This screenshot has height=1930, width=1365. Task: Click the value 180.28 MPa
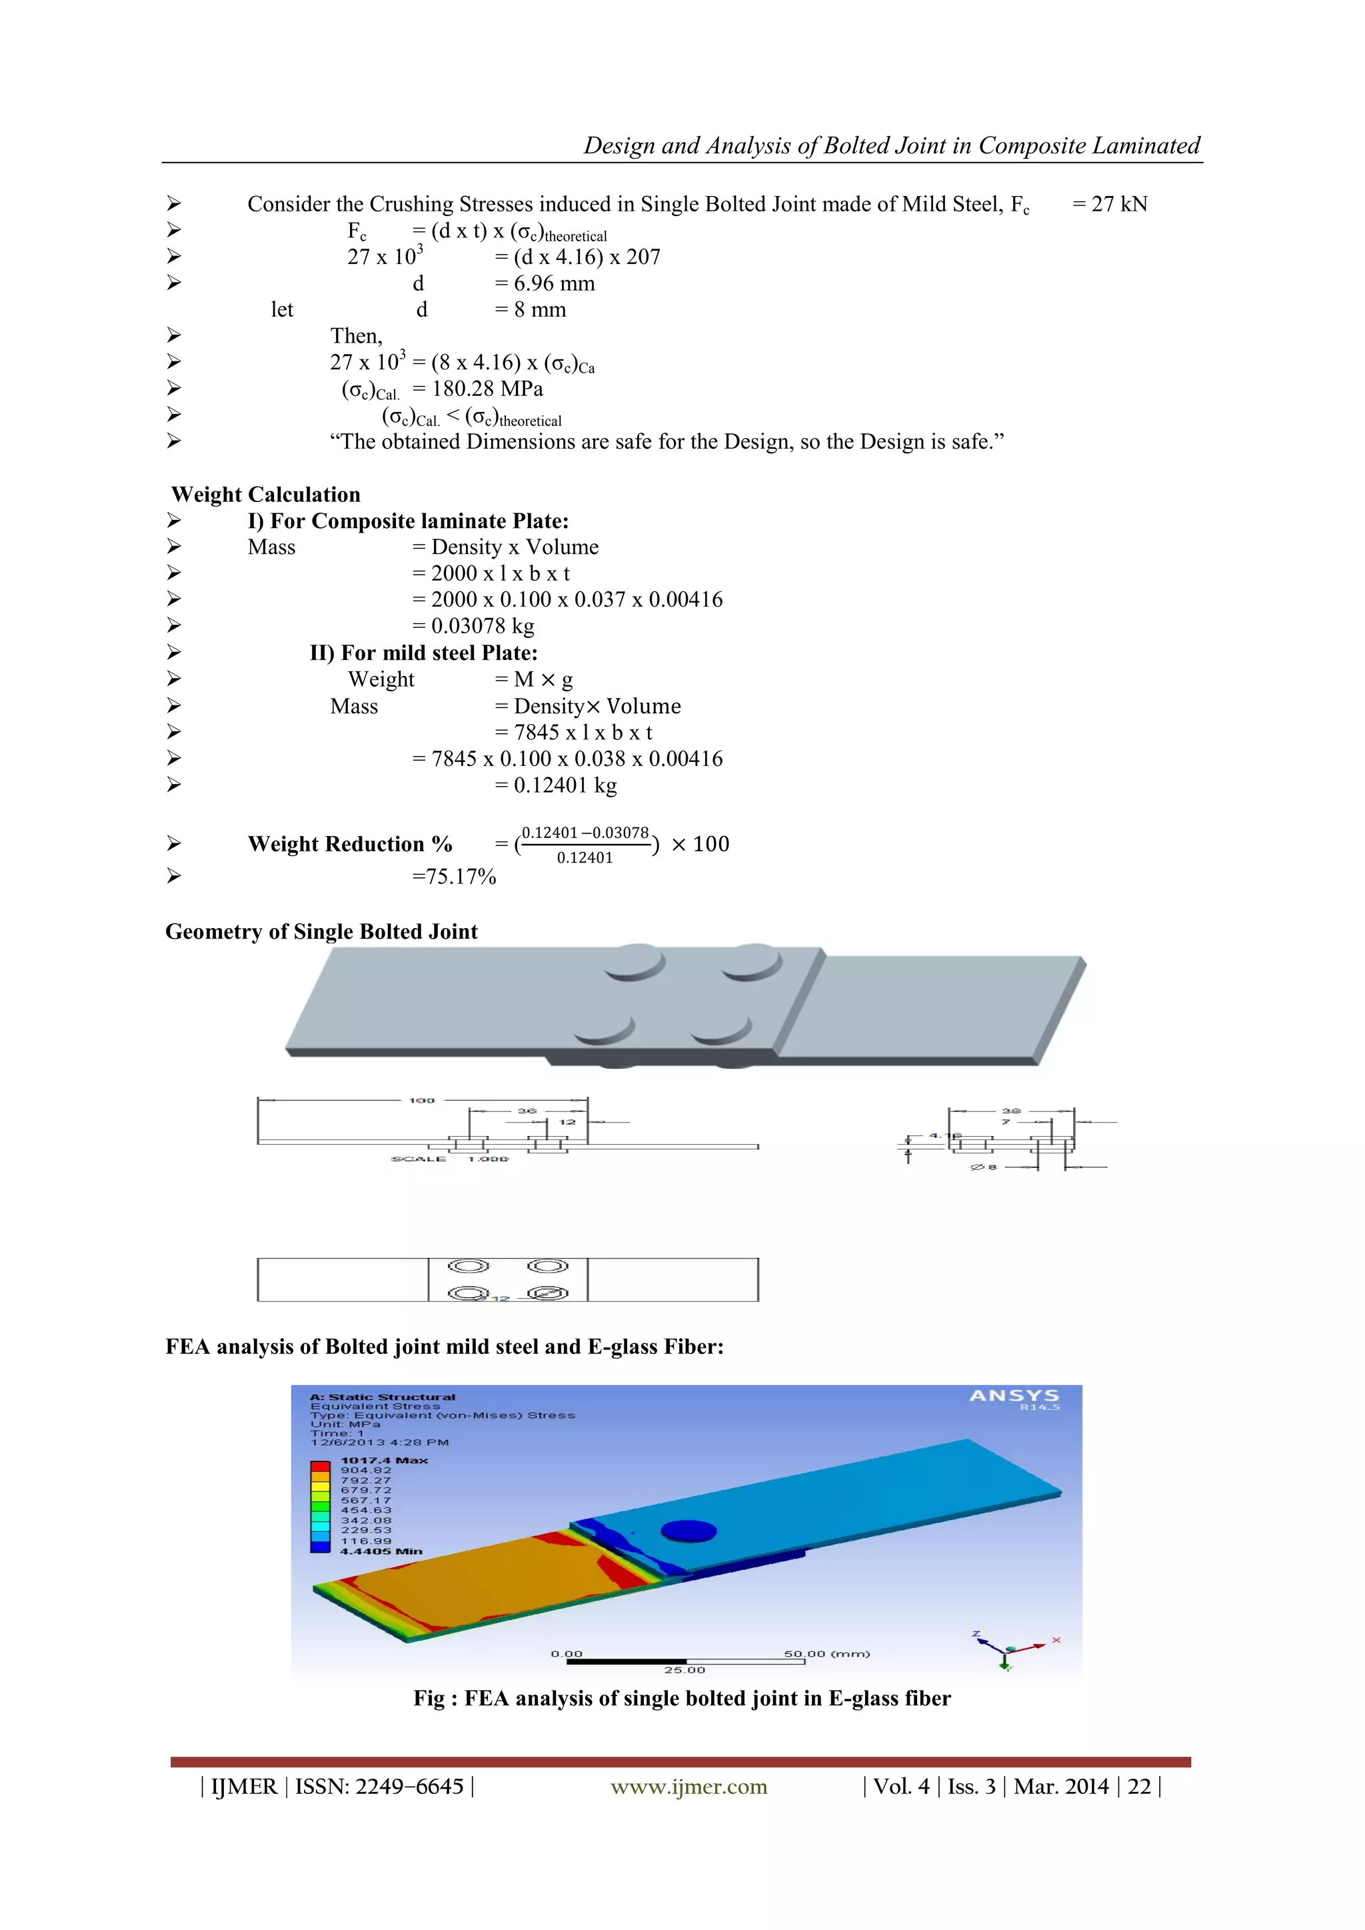click(487, 389)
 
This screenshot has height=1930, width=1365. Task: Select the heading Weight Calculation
click(266, 494)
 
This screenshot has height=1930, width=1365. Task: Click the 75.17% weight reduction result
click(454, 877)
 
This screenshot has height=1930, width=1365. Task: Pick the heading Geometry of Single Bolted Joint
click(321, 931)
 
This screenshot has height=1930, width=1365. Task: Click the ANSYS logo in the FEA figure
click(1014, 1396)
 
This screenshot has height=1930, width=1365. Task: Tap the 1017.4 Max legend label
click(384, 1460)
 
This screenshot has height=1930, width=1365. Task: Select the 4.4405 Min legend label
click(381, 1551)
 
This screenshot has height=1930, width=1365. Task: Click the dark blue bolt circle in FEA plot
click(688, 1531)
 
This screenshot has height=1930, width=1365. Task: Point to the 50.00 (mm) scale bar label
click(826, 1653)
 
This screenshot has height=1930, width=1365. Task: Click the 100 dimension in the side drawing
click(422, 1101)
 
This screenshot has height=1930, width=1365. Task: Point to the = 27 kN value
click(1110, 204)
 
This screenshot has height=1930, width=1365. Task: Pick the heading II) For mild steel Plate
click(424, 653)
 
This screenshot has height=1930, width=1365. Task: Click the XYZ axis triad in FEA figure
click(1012, 1649)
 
